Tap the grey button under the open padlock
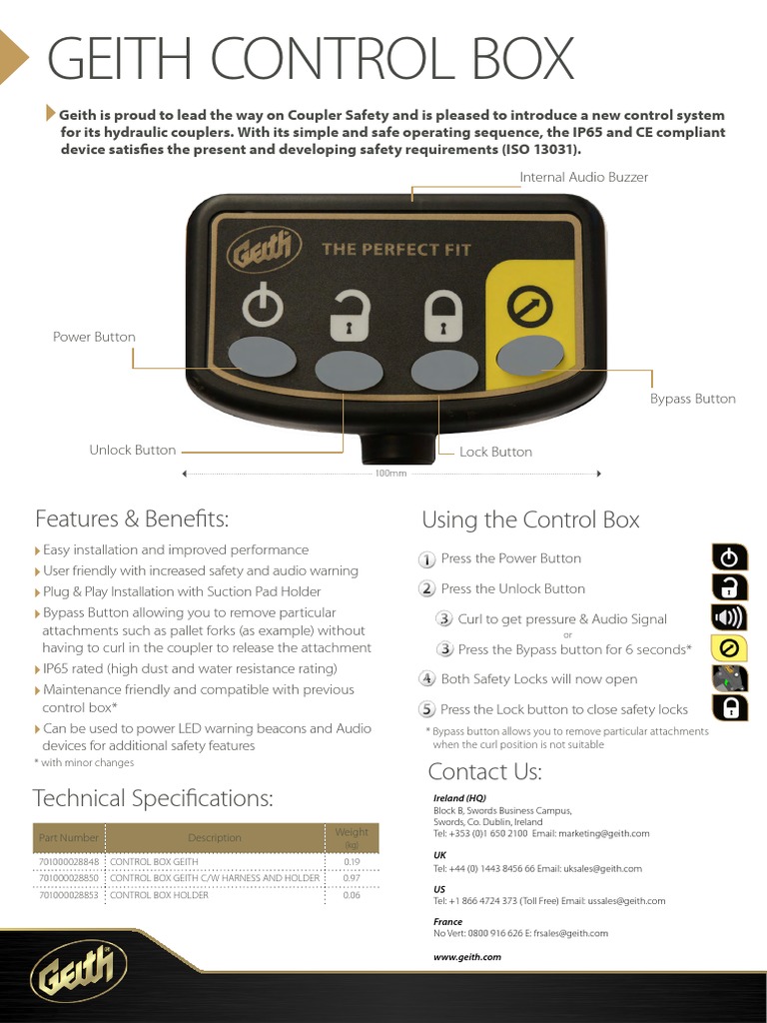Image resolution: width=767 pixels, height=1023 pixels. pos(349,371)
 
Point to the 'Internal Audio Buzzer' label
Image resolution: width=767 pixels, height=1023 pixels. pos(583,177)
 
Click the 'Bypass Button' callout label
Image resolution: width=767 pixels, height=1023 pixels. pos(692,399)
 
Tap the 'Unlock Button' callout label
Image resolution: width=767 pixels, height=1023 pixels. pos(132,450)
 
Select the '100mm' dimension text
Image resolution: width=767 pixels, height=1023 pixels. pos(390,474)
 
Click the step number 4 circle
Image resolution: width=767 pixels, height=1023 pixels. pos(426,679)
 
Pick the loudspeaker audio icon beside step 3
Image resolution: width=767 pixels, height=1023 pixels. pos(730,618)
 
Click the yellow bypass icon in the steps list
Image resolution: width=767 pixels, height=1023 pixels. pos(730,648)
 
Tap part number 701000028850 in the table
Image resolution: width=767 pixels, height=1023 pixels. pos(69,878)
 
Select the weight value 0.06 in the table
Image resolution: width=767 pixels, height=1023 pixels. pos(352,895)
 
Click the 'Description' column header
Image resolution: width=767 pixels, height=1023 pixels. pos(215,838)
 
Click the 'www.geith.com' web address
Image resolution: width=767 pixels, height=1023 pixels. pos(466,957)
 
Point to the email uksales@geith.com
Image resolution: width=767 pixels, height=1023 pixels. pos(602,869)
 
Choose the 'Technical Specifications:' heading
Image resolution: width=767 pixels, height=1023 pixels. pos(153,798)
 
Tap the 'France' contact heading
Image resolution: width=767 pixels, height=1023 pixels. pos(447,922)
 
